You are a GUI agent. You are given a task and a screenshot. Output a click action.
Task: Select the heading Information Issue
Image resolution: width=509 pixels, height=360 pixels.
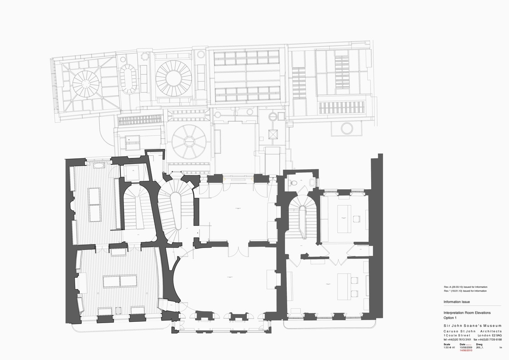[x=456, y=302]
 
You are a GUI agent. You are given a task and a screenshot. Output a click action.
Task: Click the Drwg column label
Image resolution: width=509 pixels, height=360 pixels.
[x=480, y=344]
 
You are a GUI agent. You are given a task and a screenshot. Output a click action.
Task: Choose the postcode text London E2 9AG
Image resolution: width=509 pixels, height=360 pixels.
[x=489, y=335]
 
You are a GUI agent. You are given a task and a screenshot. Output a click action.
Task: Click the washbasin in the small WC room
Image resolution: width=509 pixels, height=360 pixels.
[x=313, y=182]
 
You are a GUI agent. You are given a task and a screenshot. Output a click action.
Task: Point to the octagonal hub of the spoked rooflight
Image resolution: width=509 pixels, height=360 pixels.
[x=189, y=140]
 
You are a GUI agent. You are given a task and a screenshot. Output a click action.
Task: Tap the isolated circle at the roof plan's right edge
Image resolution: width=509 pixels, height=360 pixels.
[x=347, y=128]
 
